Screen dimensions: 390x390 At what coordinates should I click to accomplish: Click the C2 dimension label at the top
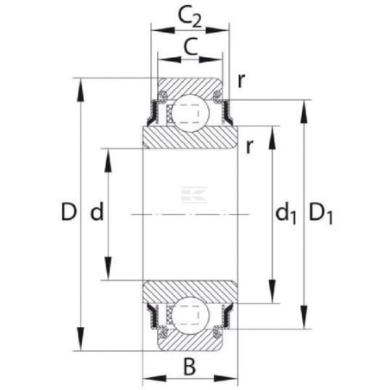[x=190, y=16]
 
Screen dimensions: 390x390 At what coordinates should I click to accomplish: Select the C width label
[x=191, y=47]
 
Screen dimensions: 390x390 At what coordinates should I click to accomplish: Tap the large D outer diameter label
[x=69, y=211]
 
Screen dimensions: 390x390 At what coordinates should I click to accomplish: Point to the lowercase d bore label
[x=97, y=211]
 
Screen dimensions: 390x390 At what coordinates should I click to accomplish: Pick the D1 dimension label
[x=321, y=214]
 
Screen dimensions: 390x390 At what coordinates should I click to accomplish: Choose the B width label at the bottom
[x=190, y=367]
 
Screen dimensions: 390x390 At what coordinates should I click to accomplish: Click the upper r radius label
[x=242, y=80]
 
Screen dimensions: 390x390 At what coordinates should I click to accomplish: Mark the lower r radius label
[x=249, y=147]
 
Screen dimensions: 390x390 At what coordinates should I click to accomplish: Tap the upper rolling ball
[x=190, y=113]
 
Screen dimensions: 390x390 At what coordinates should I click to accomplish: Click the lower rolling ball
[x=190, y=316]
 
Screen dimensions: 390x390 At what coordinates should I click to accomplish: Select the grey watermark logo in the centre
[x=194, y=195]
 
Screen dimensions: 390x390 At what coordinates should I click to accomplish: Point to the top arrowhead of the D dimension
[x=81, y=90]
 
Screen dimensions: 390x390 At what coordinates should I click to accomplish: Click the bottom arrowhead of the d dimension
[x=108, y=268]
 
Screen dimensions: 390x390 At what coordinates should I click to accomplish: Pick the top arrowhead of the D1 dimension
[x=305, y=112]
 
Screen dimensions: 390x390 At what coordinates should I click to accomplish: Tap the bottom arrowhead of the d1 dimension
[x=272, y=292]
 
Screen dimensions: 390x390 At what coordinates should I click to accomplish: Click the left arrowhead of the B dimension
[x=154, y=379]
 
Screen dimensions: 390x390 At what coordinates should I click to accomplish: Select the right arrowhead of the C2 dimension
[x=217, y=30]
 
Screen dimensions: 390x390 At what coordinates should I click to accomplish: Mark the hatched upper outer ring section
[x=190, y=87]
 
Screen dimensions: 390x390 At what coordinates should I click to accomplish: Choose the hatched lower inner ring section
[x=190, y=291]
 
